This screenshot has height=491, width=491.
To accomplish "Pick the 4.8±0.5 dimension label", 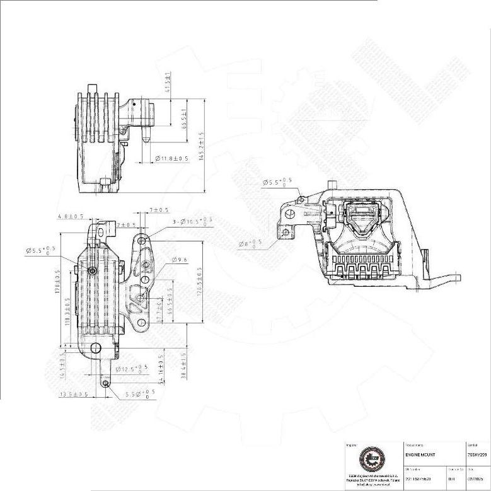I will tap(71, 217).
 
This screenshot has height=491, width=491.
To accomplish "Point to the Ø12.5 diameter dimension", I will tap(134, 369).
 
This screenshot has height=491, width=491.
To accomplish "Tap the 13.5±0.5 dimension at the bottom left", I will tap(73, 395).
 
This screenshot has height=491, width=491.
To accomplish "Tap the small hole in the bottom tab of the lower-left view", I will tap(108, 381).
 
